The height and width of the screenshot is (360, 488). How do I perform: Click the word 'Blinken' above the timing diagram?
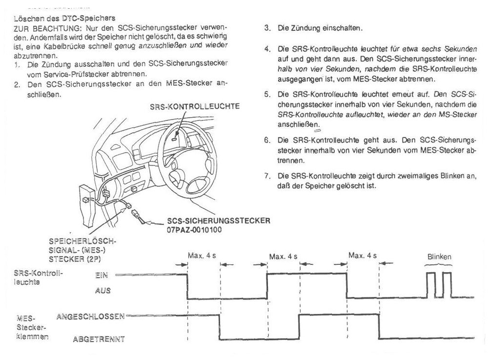point(439,256)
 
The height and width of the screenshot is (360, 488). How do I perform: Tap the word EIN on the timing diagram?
point(102,275)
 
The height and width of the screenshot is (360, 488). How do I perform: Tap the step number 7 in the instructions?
point(266,175)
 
